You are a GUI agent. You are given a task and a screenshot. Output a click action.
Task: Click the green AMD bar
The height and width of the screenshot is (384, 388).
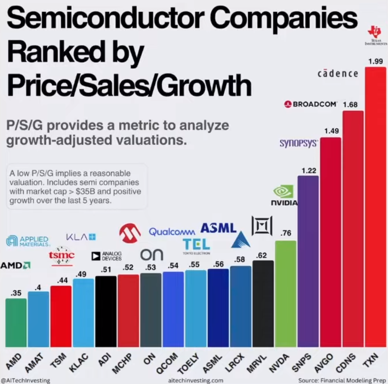tap(16, 323)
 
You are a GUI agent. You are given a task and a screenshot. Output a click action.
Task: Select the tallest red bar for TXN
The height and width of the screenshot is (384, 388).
tap(376, 207)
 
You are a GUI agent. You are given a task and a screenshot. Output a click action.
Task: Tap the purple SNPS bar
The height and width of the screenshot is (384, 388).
tap(308, 261)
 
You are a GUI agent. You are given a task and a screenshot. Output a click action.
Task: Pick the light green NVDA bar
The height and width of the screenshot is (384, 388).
tap(286, 293)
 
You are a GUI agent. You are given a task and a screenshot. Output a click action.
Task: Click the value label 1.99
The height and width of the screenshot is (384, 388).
tap(376, 61)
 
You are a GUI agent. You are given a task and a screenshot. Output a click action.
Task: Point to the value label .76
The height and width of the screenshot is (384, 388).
tap(286, 233)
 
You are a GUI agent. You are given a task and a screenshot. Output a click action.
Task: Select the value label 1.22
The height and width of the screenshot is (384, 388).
tap(309, 171)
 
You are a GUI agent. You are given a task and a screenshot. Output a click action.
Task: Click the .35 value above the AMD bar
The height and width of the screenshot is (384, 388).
tap(16, 293)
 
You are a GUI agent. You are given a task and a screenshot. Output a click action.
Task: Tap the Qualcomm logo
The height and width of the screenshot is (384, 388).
tap(172, 232)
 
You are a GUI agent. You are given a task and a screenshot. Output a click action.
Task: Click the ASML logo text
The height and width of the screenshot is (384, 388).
tap(219, 228)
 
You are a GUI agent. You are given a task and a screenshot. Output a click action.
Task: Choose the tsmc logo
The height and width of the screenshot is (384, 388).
tap(62, 256)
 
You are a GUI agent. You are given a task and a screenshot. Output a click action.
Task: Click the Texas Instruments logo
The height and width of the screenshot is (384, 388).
tap(376, 36)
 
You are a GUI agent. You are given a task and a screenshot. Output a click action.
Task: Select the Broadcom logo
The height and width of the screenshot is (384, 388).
tap(311, 104)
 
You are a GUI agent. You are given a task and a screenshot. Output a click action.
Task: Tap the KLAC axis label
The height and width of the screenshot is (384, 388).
tap(78, 363)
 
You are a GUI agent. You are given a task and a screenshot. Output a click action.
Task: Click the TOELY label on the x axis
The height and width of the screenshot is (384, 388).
tap(188, 363)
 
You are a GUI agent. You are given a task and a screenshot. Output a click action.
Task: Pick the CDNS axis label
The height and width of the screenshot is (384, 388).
tap(346, 363)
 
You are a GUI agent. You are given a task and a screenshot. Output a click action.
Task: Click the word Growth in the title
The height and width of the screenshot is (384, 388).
tap(204, 86)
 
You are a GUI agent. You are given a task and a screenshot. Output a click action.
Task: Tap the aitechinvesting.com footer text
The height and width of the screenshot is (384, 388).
tap(195, 380)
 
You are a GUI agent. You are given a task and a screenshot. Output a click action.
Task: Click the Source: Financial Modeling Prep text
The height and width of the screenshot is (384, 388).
tap(342, 380)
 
